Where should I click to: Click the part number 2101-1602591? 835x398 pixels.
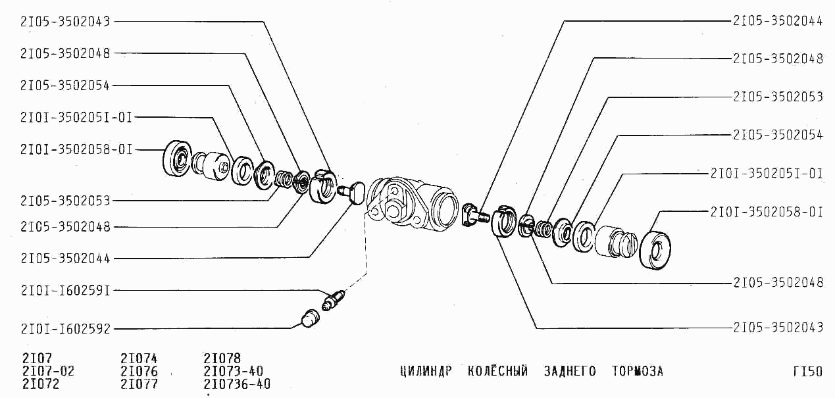pyautogui.click(x=66, y=291)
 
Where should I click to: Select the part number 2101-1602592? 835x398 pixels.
pyautogui.click(x=66, y=329)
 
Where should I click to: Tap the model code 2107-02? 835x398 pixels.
pyautogui.click(x=49, y=371)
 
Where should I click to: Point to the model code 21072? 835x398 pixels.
pyautogui.click(x=41, y=384)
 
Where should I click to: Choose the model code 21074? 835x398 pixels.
pyautogui.click(x=139, y=359)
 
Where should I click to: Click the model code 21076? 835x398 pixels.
pyautogui.click(x=139, y=371)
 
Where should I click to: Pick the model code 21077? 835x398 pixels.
pyautogui.click(x=139, y=384)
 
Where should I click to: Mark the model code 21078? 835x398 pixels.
pyautogui.click(x=222, y=359)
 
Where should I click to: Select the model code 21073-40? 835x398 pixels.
pyautogui.click(x=234, y=371)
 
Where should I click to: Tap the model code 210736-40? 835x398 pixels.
pyautogui.click(x=237, y=384)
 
